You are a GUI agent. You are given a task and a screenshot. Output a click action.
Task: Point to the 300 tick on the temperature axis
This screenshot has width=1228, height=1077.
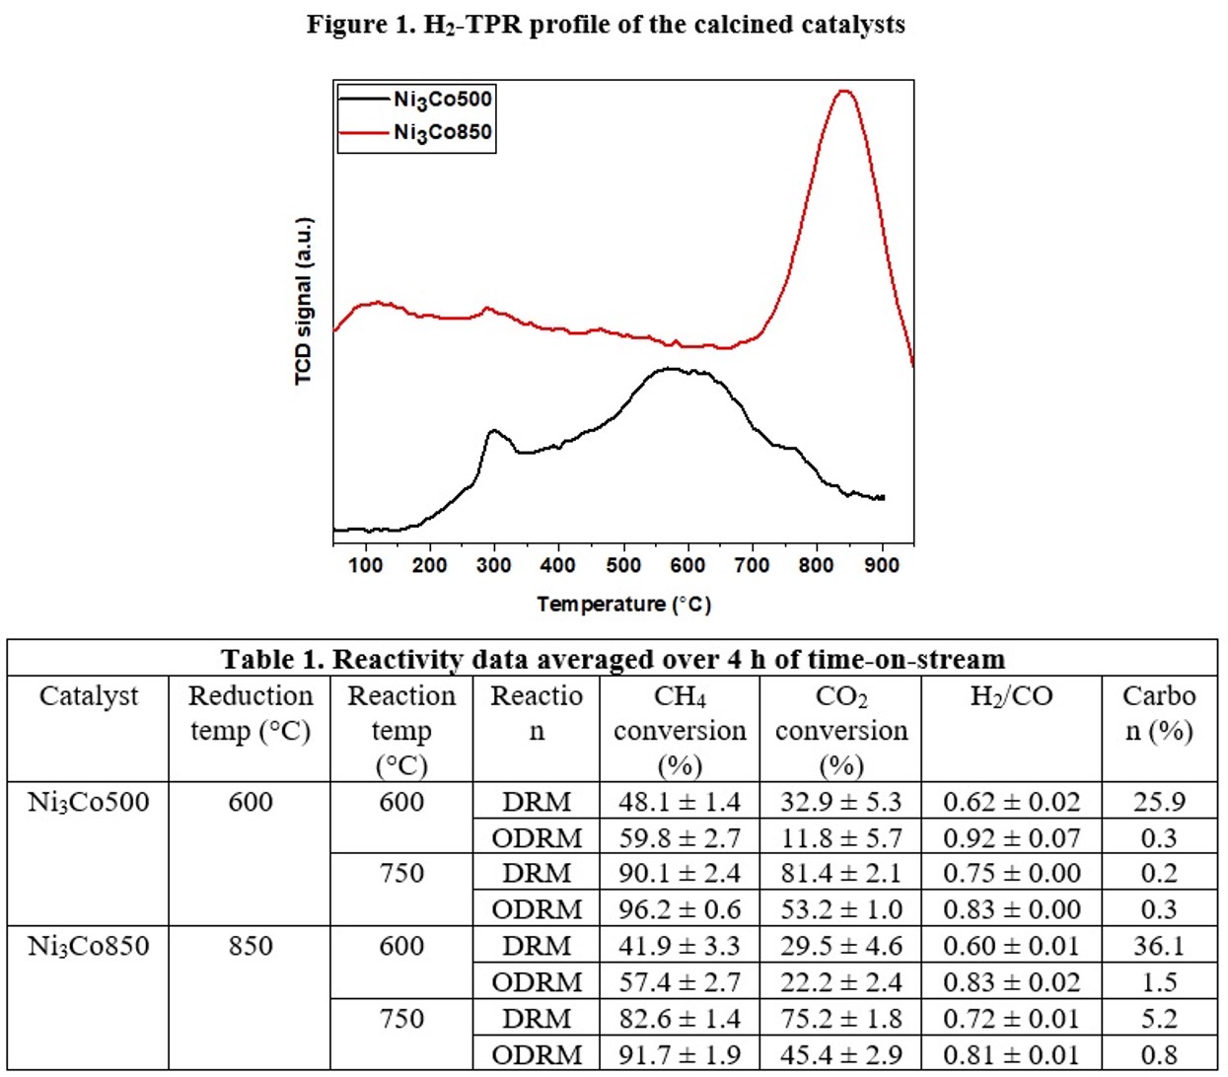[x=493, y=565]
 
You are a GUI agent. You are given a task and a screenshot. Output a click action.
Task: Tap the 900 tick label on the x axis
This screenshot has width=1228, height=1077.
[x=881, y=565]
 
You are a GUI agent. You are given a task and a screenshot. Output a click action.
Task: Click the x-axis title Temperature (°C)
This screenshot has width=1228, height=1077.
[x=623, y=604]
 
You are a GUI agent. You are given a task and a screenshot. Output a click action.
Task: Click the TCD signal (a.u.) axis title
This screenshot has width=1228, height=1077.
[x=304, y=301]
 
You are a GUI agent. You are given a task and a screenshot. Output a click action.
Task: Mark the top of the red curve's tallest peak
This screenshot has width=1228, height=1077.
[x=843, y=91]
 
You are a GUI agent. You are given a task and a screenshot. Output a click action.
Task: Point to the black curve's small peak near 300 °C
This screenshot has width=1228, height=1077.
[x=493, y=431]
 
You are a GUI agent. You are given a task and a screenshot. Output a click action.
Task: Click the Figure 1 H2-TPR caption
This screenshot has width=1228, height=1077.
[x=606, y=25]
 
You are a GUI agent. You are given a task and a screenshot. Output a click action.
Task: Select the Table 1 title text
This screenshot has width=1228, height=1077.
[x=613, y=659]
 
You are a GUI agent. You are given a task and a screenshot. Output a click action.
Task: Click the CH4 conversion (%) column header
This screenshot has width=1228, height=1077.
[x=680, y=730]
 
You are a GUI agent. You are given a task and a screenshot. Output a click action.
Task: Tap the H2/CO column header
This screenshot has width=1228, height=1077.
[x=1011, y=696]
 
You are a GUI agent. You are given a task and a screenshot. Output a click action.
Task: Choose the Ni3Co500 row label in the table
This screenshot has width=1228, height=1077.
[x=89, y=802]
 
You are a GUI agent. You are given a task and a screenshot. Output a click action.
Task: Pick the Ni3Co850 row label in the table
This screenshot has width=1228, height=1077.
[x=89, y=947]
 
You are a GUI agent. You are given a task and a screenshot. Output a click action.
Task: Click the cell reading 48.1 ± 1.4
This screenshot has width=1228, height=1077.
[x=680, y=802]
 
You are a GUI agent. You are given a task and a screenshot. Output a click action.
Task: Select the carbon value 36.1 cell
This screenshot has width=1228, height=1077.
[x=1159, y=947]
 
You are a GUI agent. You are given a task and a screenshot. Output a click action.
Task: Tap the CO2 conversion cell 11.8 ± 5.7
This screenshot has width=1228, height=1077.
[x=840, y=838]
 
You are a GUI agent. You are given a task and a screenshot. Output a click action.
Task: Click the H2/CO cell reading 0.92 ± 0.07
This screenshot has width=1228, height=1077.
[x=1011, y=838]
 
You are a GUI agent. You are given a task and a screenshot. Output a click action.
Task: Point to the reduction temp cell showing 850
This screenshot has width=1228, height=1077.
[x=251, y=947]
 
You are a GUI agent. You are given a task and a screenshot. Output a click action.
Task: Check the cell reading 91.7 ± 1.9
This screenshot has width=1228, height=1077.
[x=680, y=1055]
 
